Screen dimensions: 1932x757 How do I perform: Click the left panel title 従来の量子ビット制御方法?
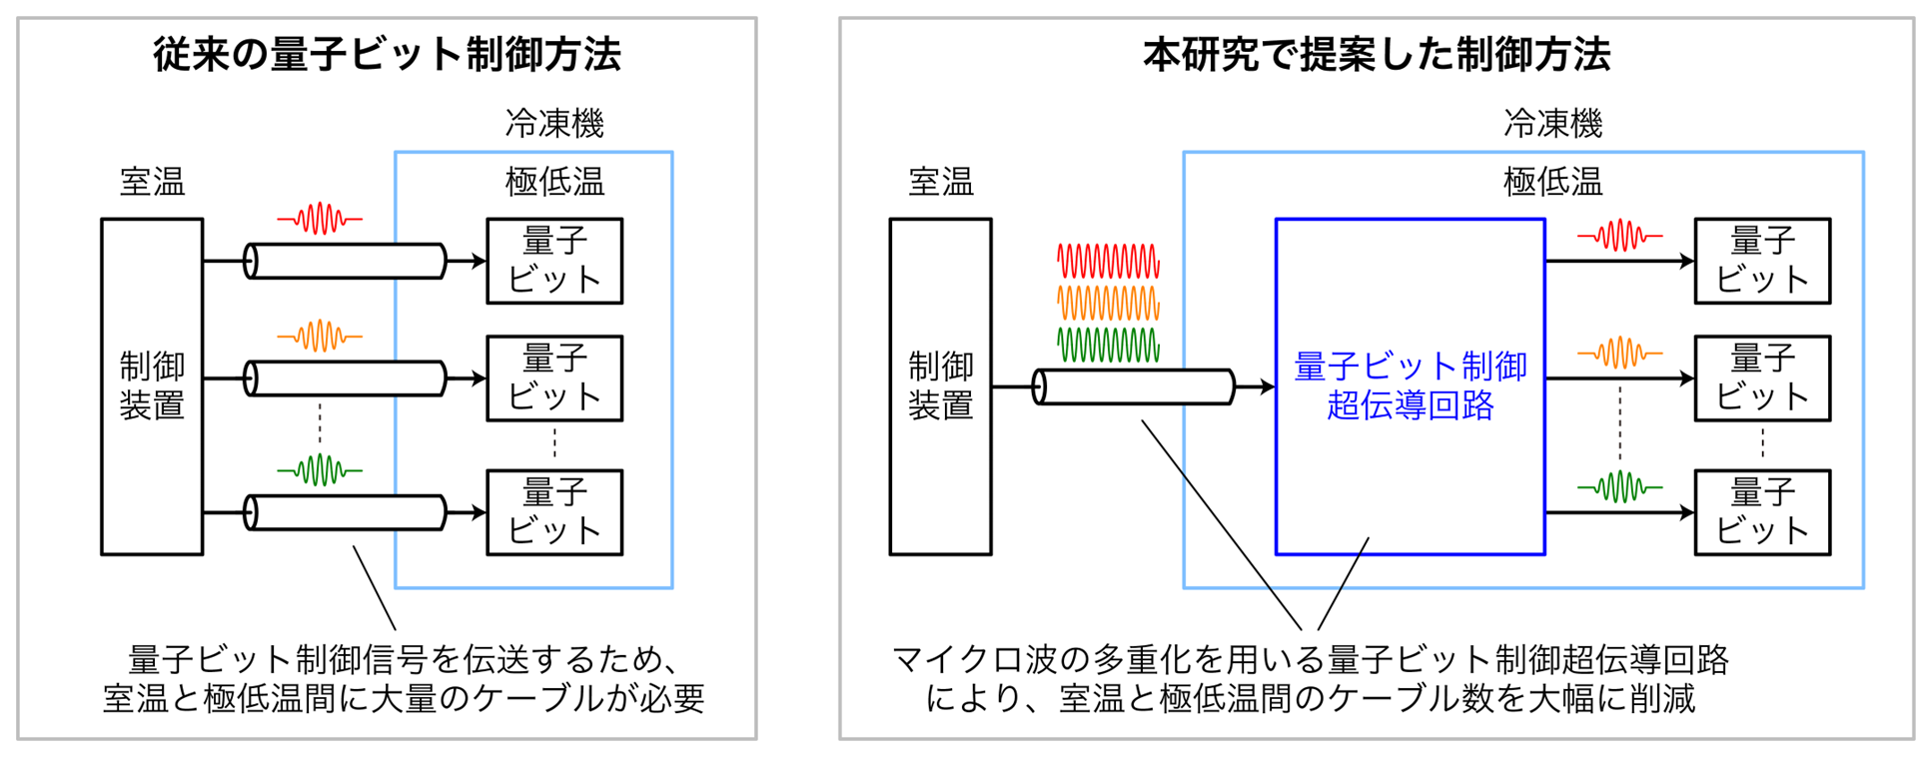pos(387,54)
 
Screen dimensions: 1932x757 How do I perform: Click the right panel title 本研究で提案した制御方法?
pos(1377,54)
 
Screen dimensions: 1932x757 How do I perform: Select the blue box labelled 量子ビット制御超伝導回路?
pos(1410,386)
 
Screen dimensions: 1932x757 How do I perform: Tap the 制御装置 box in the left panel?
pos(152,386)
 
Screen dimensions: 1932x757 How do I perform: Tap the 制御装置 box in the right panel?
pos(940,386)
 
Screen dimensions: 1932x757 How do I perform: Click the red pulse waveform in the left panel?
pos(320,219)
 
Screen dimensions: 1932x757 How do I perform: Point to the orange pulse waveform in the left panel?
pos(320,337)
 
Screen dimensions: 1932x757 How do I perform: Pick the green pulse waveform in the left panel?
pos(320,469)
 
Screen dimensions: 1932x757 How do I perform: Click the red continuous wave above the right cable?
pos(1108,261)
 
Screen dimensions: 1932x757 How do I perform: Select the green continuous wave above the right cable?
pos(1108,345)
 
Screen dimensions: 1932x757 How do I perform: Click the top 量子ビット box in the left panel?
pos(554,261)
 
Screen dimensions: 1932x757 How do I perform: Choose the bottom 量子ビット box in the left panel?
pos(554,512)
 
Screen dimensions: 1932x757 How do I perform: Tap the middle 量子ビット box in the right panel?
pos(1762,378)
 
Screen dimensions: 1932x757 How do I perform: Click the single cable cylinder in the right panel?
pos(1134,386)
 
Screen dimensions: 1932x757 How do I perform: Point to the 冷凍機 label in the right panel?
pos(1552,124)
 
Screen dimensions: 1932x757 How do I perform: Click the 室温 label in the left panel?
pos(152,182)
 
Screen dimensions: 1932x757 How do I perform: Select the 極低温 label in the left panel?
pos(554,182)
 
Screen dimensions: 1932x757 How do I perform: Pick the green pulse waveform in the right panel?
pos(1619,487)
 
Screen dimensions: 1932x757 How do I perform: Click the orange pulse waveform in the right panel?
pos(1619,354)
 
